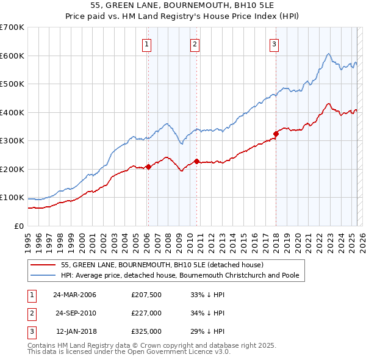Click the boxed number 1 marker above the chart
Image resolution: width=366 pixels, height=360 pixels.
pos(148,44)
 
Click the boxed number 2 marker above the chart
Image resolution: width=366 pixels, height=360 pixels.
pos(195,44)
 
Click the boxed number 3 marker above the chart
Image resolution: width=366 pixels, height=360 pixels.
pos(274,44)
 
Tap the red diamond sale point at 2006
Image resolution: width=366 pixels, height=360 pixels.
pos(148,167)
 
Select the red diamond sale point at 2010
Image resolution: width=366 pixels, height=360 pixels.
pos(196,161)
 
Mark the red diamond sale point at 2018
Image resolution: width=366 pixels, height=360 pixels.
pos(276,134)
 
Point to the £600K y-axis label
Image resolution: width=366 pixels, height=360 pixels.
pos(12,56)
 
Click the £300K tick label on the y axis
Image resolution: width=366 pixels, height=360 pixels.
pos(12,141)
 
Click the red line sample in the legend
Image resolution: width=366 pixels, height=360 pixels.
pos(43,265)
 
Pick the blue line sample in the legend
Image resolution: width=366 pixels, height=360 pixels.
pos(43,276)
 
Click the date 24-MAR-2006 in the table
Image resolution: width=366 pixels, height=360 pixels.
pos(75,295)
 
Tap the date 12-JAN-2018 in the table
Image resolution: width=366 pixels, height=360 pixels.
pos(76,331)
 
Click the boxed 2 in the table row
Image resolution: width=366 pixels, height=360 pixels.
pos(30,313)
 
